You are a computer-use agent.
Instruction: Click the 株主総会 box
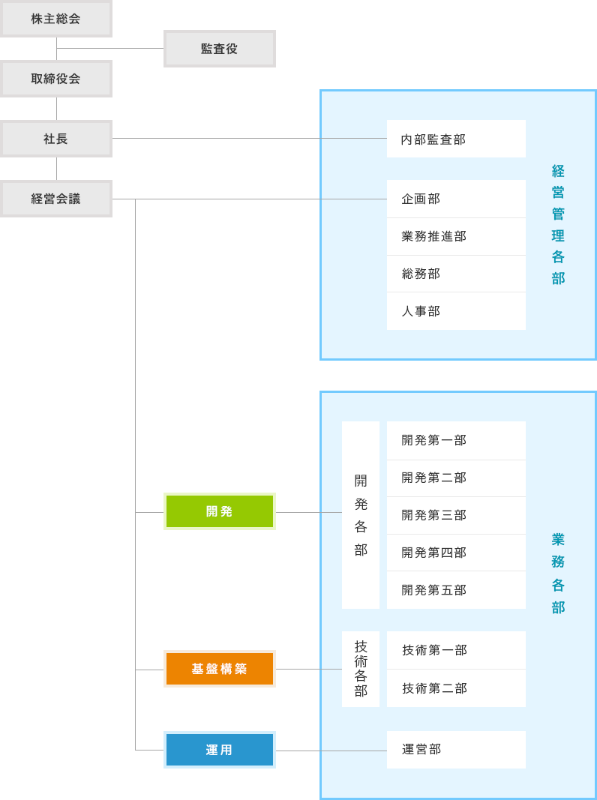coord(55,19)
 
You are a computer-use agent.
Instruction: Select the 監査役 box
coord(219,49)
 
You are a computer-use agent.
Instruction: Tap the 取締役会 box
coord(55,79)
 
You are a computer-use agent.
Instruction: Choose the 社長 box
coord(55,139)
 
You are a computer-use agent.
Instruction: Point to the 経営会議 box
coord(55,199)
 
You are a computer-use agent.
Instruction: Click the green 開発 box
coord(219,511)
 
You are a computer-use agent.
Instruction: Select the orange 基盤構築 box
coord(219,669)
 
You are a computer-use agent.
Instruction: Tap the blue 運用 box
coord(219,750)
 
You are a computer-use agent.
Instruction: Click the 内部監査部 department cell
coord(456,139)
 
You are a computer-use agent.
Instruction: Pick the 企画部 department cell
coord(456,199)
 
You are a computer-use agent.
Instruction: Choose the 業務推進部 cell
coord(456,236)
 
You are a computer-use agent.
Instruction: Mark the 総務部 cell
coord(456,274)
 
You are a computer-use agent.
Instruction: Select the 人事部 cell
coord(456,311)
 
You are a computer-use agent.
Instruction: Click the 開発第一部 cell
coord(456,440)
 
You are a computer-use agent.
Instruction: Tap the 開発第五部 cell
coord(456,590)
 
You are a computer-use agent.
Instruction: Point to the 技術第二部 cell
coord(456,688)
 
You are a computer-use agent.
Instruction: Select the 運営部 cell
coord(456,750)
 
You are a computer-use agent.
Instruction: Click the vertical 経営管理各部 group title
coord(558,225)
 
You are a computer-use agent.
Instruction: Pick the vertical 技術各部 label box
coord(361,669)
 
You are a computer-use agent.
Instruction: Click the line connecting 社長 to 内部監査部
coord(217,138)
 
